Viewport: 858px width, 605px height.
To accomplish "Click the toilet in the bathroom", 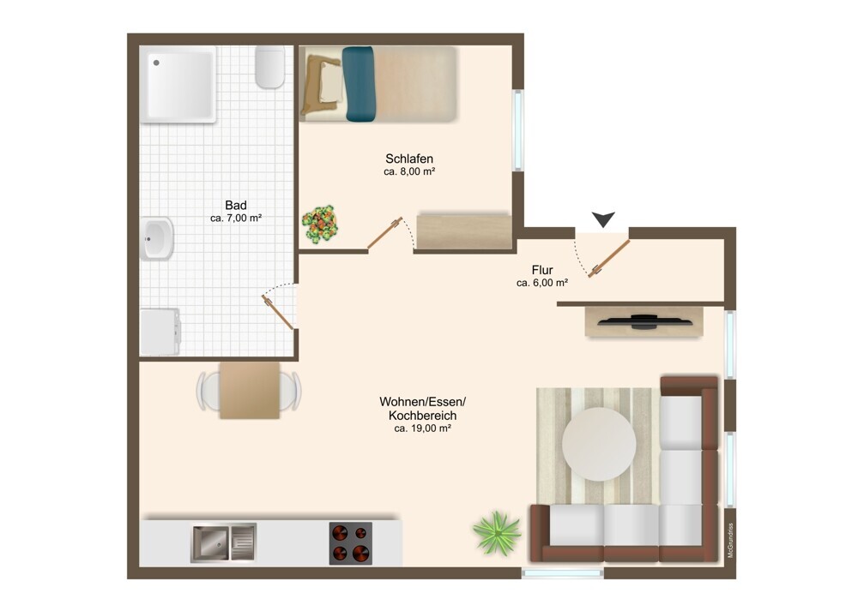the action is tap(269, 67).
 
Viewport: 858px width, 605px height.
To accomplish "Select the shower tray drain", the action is tap(156, 63).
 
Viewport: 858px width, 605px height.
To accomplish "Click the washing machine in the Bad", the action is tap(160, 332).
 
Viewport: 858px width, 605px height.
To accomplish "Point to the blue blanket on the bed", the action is tap(360, 84).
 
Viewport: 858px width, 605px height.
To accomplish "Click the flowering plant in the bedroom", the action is tap(320, 224).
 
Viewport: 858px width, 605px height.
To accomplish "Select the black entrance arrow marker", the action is tap(603, 219).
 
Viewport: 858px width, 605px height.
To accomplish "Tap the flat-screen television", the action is tap(643, 321).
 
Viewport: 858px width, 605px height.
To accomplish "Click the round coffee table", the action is tap(599, 444).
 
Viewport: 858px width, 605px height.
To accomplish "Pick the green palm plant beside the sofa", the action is tap(497, 533).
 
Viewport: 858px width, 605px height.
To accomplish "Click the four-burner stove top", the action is tap(351, 543).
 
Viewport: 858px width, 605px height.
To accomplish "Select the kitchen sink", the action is tap(223, 542).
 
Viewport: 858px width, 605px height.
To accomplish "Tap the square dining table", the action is tap(250, 390).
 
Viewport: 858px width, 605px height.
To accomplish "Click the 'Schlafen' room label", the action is tap(409, 159).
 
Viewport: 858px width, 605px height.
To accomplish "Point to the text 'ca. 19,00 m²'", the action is tap(422, 428).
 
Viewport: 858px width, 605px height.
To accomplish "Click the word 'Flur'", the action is tap(542, 270).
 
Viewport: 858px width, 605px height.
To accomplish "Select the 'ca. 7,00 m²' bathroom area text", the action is tap(236, 218).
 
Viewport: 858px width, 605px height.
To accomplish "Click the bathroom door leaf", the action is tap(278, 312).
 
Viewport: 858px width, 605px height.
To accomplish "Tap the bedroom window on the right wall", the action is tap(517, 130).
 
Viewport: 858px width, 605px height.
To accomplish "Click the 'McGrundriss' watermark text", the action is tap(730, 541).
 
